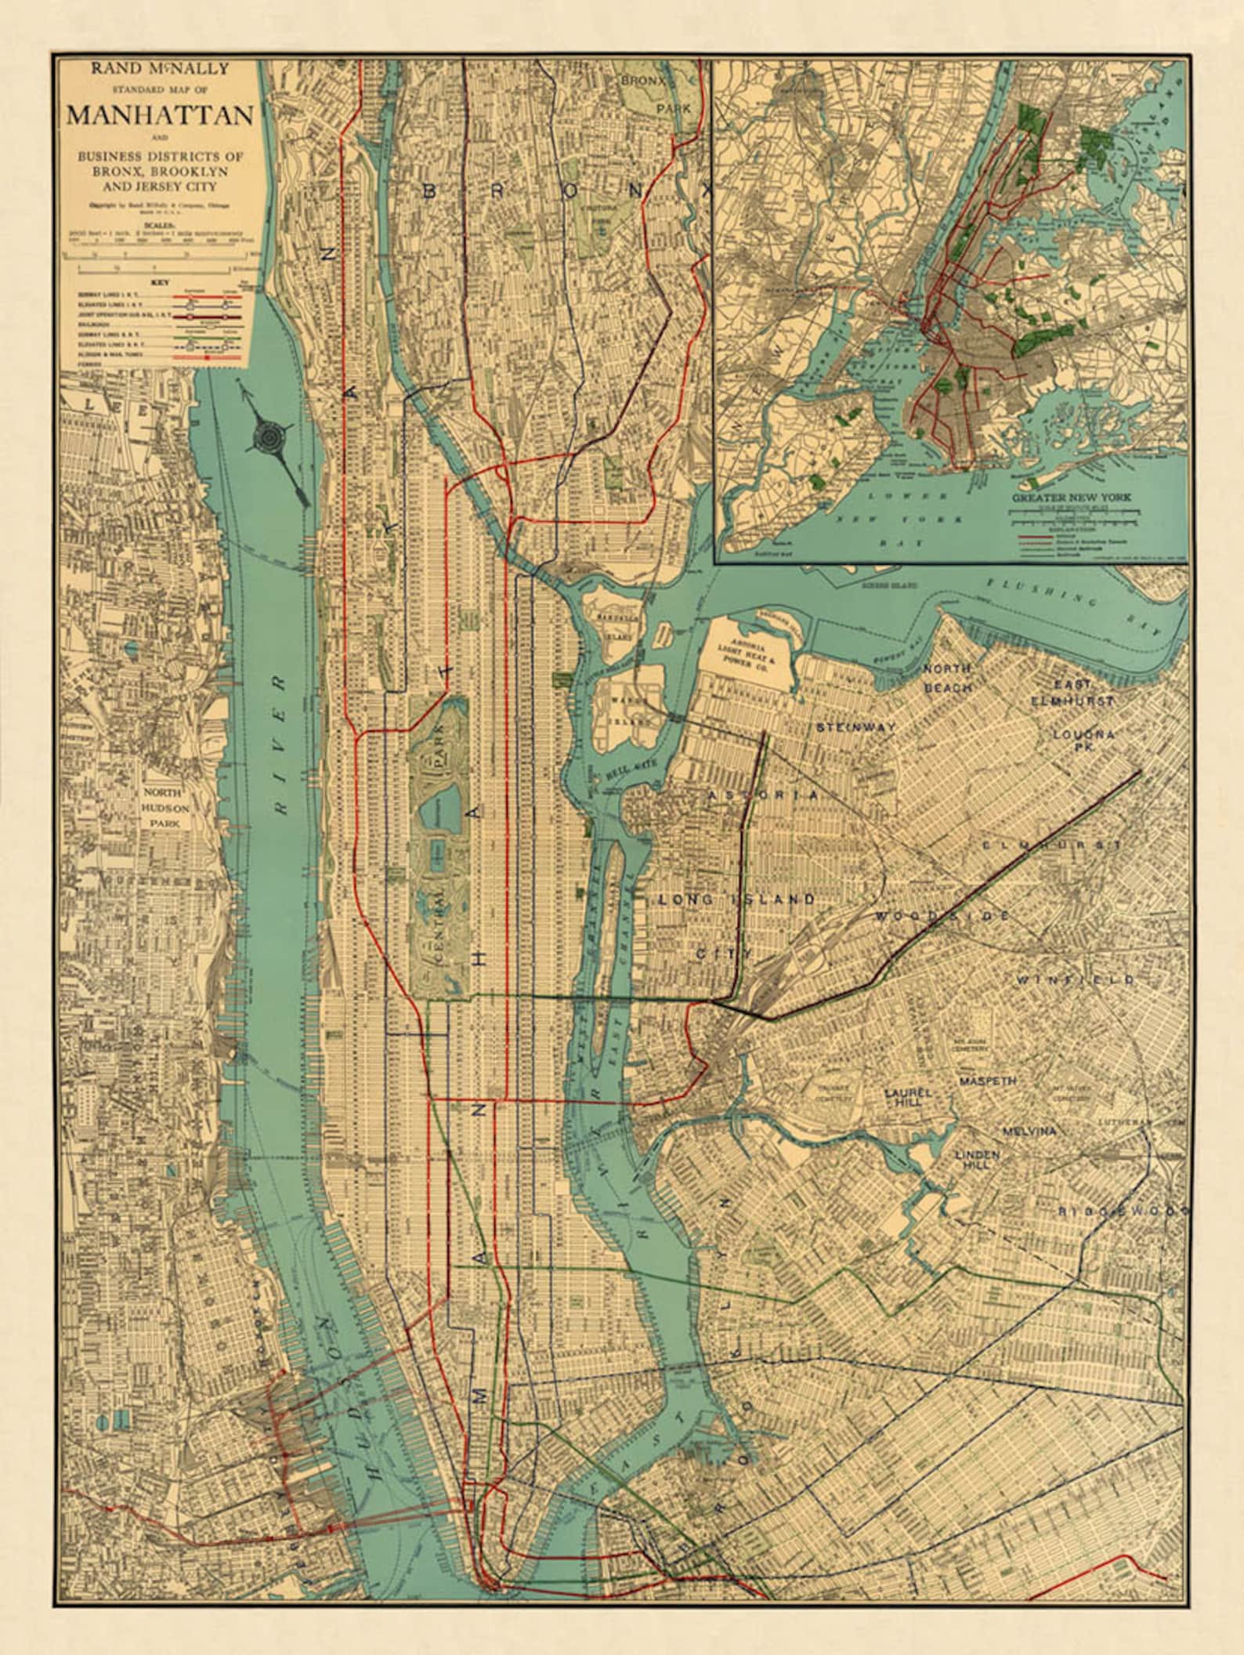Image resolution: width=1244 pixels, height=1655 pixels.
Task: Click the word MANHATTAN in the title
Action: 160,115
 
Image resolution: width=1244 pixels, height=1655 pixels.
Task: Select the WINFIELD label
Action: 1075,980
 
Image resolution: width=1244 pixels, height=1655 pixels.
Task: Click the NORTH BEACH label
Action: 948,677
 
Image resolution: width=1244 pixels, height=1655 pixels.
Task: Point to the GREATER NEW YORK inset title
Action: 1074,497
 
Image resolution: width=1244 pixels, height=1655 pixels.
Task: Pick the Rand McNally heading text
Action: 160,69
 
